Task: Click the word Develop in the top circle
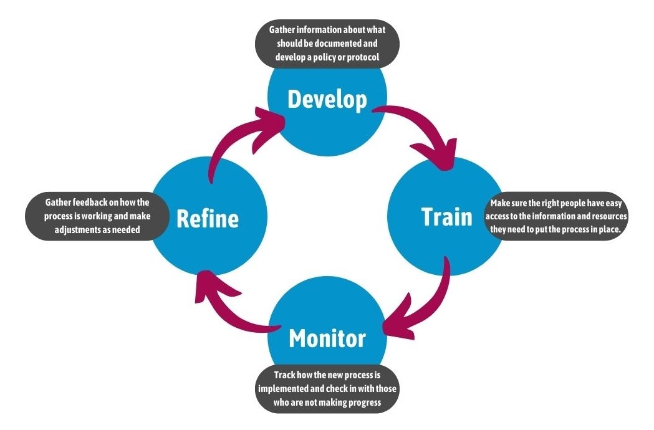coord(327,99)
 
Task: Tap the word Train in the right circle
coord(446,217)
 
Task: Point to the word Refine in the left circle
coord(207,219)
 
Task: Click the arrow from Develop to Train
coord(424,135)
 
